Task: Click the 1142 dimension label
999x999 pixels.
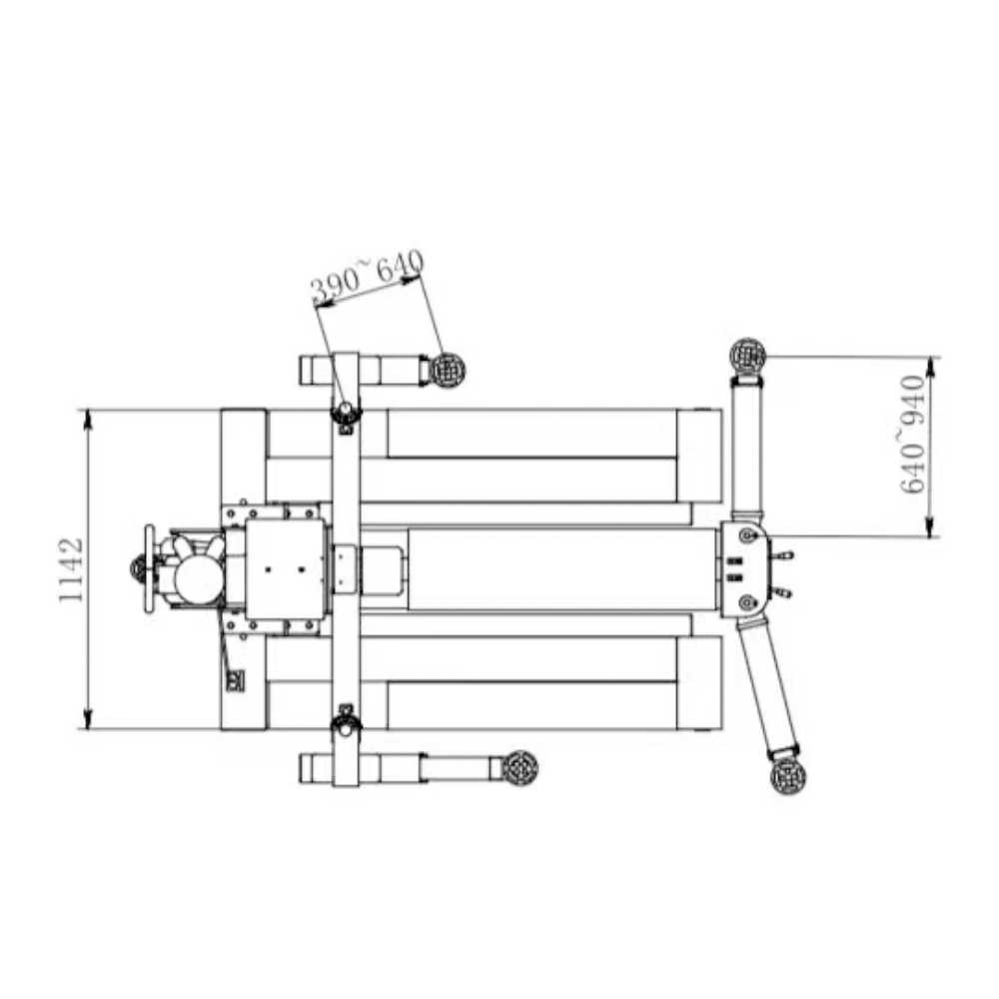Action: [x=71, y=570]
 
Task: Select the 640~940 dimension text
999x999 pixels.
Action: [x=912, y=435]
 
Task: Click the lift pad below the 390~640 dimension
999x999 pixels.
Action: [x=448, y=370]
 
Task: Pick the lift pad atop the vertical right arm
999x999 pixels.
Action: [x=747, y=356]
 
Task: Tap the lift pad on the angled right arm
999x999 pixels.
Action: [x=788, y=776]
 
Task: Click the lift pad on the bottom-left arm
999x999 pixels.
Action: [x=519, y=768]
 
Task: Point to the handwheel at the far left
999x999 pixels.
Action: [x=150, y=568]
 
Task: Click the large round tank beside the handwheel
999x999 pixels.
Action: [x=199, y=580]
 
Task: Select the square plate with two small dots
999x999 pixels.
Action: [x=285, y=569]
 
